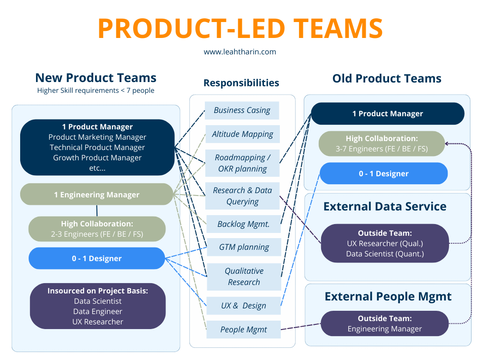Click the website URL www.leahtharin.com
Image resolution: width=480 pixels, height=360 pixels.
click(240, 52)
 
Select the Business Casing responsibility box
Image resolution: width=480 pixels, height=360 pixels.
click(242, 111)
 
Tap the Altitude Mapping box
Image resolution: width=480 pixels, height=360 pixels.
click(242, 134)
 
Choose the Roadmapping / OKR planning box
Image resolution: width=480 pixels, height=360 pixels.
click(242, 163)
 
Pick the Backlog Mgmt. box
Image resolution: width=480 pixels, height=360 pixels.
click(243, 224)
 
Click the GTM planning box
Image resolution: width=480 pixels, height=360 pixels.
click(244, 247)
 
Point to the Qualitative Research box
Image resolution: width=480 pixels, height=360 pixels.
click(244, 277)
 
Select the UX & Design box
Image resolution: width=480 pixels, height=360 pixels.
click(244, 306)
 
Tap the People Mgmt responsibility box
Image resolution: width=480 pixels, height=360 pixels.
click(244, 330)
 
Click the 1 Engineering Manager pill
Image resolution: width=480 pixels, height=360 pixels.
click(97, 195)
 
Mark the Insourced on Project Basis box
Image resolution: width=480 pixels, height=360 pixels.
click(97, 306)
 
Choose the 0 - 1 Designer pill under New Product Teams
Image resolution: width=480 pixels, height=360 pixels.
click(97, 258)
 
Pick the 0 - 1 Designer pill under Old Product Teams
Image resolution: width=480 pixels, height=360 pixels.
click(383, 173)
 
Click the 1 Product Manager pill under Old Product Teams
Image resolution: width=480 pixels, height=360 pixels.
click(388, 113)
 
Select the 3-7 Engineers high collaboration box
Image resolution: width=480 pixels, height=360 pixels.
click(381, 143)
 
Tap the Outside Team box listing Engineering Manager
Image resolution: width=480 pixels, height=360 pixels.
click(384, 323)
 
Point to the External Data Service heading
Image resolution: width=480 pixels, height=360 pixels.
click(385, 207)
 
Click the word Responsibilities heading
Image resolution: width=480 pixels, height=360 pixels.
click(241, 83)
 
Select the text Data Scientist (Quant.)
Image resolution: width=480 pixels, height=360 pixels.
click(384, 254)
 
